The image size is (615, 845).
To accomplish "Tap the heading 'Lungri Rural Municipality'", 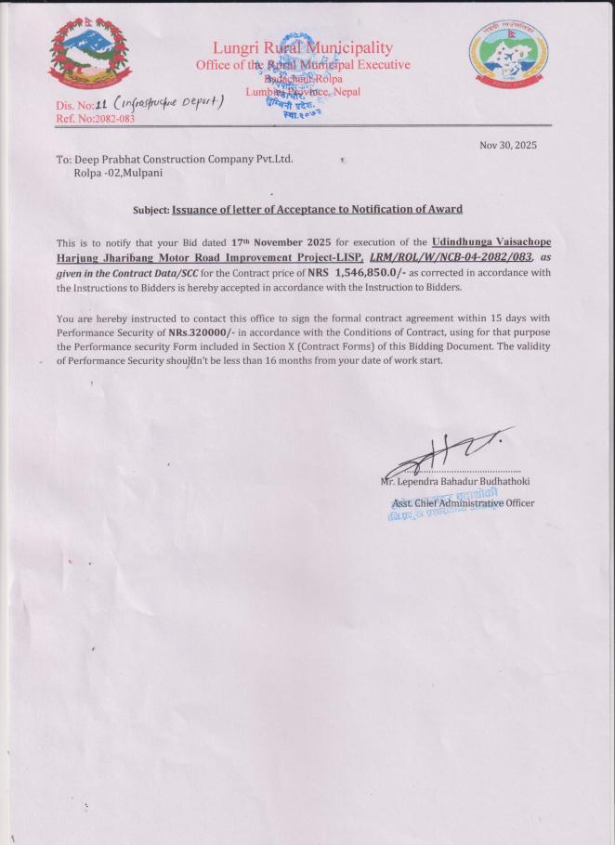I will [303, 47].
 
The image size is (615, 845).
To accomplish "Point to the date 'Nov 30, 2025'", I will [508, 145].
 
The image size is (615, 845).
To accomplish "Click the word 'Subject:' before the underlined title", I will [151, 210].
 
